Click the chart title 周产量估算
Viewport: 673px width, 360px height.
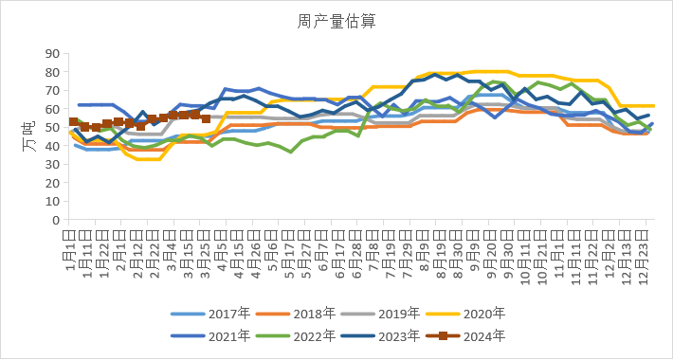336,20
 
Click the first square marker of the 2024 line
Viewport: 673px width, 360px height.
74,122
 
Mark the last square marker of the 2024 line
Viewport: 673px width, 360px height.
206,118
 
